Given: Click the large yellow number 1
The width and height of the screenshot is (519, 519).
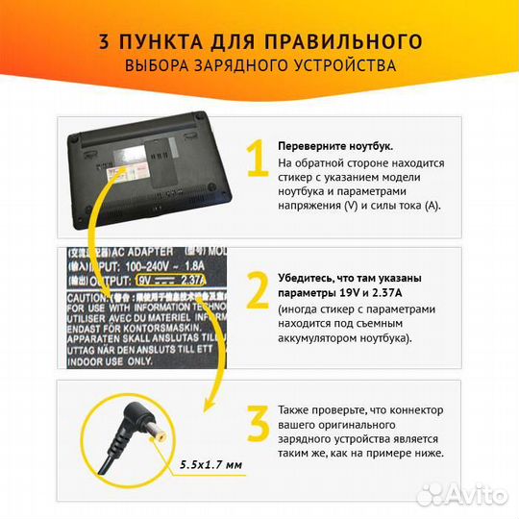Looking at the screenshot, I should [256, 161].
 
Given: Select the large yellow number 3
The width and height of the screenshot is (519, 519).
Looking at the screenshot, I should [257, 424].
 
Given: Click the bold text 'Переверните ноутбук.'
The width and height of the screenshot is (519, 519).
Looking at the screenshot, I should [334, 145].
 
